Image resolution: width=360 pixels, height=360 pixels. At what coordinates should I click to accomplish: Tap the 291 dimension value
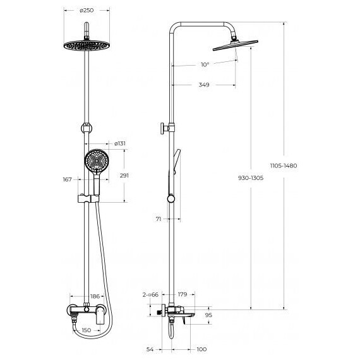coord(124,176)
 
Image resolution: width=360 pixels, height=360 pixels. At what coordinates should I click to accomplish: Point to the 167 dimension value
coord(68,180)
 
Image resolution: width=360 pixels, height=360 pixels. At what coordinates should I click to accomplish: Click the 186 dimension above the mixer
coord(95,296)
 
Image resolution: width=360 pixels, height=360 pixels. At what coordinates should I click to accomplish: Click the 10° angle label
coord(204,64)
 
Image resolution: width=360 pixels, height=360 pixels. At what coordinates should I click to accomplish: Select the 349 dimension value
coord(203,85)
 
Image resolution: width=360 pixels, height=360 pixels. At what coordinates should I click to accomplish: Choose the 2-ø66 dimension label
coord(150,294)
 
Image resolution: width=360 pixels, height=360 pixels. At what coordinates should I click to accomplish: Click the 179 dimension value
coord(183,294)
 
